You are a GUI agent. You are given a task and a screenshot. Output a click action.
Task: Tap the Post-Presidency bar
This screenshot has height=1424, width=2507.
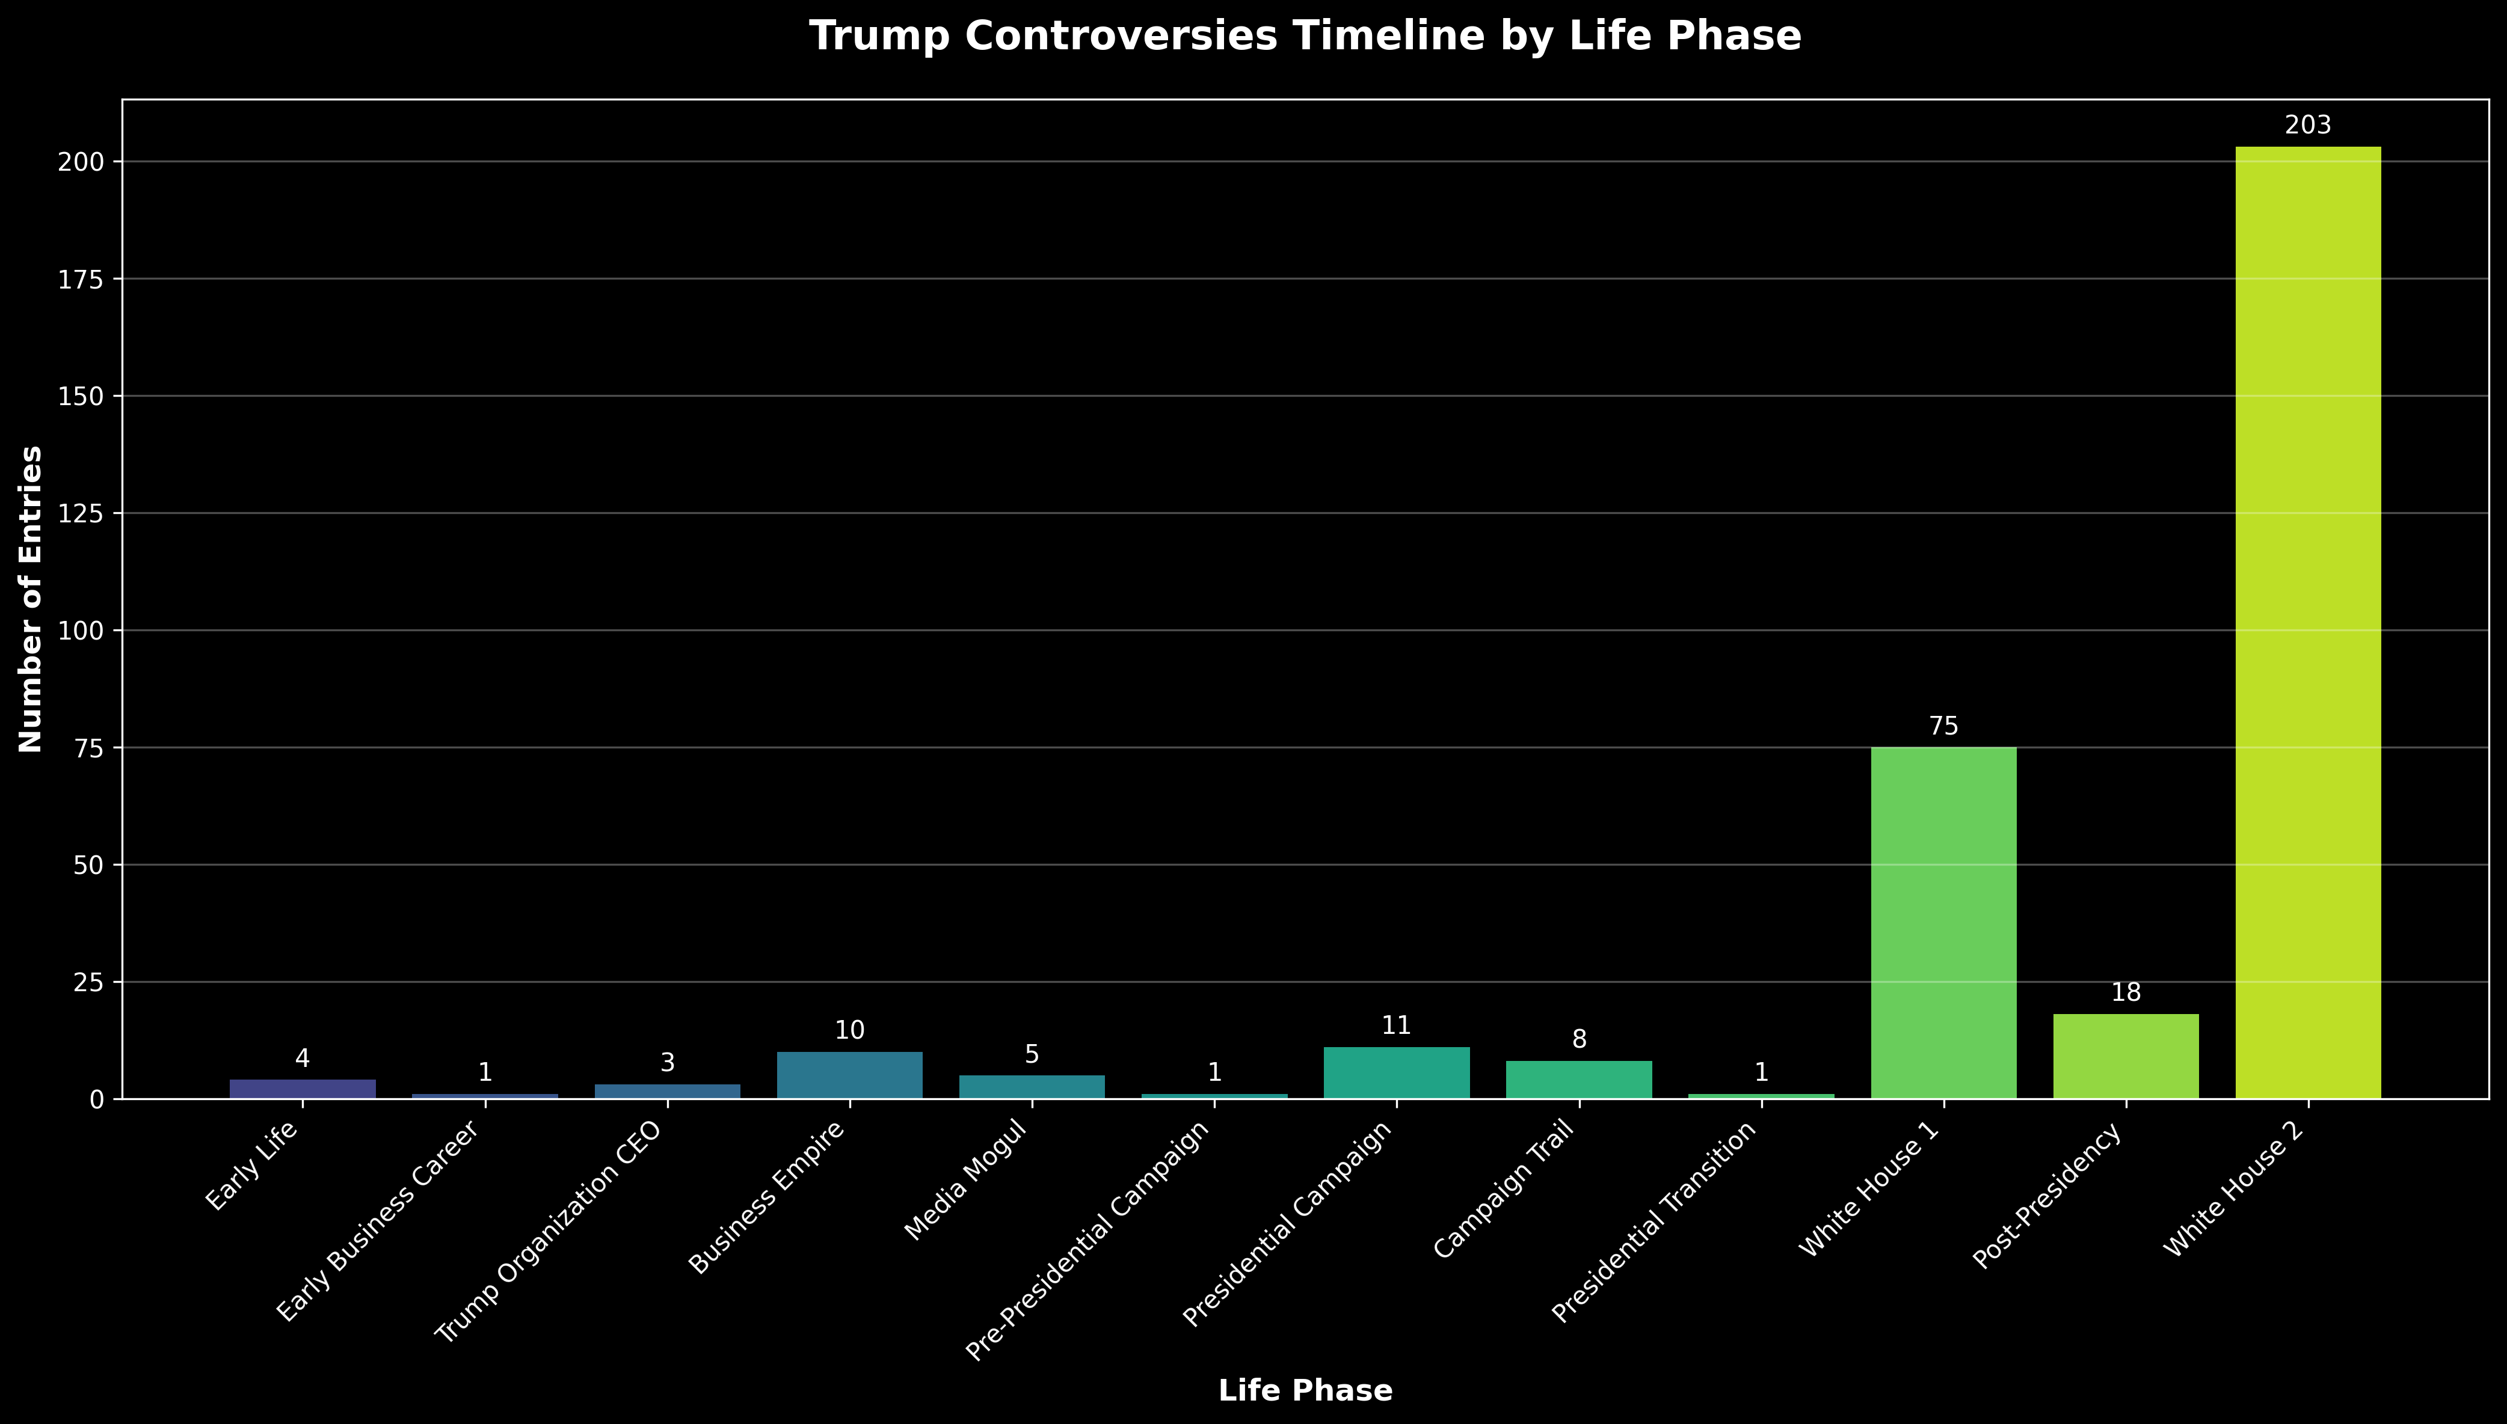tap(2126, 1056)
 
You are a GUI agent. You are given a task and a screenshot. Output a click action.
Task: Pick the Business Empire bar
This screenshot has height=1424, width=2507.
tap(849, 1075)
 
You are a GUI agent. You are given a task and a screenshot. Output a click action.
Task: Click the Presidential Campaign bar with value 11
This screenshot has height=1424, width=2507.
tap(1397, 1073)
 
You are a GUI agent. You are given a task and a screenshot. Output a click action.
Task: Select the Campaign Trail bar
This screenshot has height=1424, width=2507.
tap(1578, 1080)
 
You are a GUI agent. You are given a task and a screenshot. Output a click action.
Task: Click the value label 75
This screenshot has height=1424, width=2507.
tap(1943, 727)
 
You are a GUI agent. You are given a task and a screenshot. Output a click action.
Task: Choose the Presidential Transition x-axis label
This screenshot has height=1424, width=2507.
tap(1656, 1223)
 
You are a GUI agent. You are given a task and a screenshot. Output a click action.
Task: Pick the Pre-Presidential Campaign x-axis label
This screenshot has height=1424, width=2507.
tap(1088, 1242)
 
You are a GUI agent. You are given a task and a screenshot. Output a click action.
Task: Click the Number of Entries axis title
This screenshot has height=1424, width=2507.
tap(31, 599)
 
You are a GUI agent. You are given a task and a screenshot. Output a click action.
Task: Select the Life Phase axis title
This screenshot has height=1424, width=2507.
tap(1305, 1391)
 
